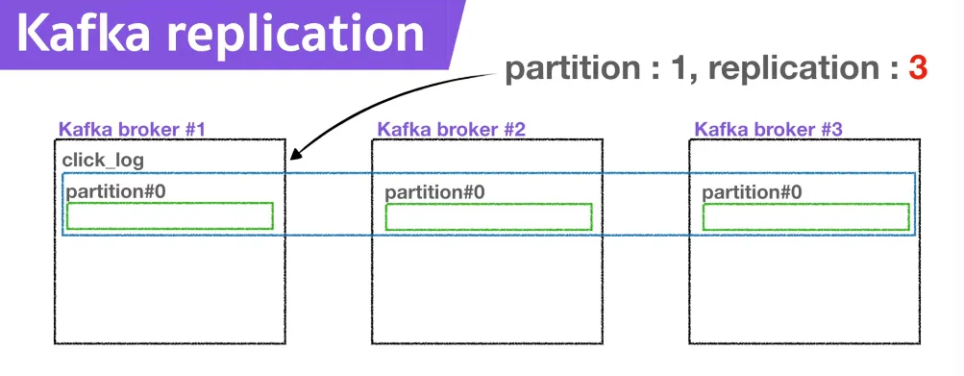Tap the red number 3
(916, 68)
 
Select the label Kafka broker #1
(133, 129)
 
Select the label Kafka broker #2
(451, 129)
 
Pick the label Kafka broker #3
(768, 129)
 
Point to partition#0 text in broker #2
(434, 192)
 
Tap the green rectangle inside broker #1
(170, 216)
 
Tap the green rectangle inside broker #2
(488, 217)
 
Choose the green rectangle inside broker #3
(805, 217)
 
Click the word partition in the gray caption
(561, 69)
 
